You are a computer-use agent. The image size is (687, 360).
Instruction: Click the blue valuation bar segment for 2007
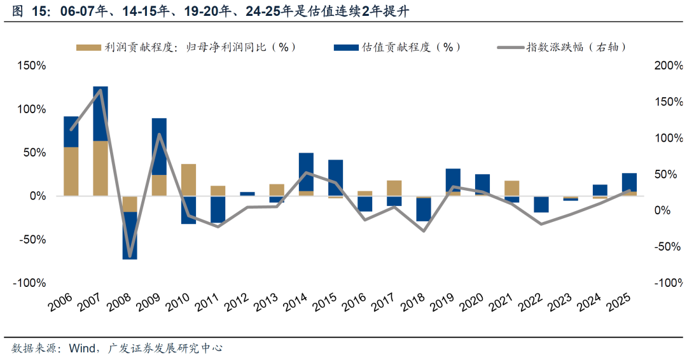click(101, 113)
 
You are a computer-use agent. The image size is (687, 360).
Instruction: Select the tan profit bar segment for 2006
click(71, 171)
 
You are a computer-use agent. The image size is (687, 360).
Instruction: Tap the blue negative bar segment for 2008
click(130, 235)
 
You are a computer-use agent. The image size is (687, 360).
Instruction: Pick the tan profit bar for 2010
click(188, 179)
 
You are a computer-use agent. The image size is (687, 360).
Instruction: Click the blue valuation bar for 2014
click(306, 172)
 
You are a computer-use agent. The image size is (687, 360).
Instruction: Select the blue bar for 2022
click(541, 204)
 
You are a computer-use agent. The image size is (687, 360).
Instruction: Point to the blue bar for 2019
click(453, 181)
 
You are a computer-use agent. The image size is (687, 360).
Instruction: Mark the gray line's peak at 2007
click(101, 90)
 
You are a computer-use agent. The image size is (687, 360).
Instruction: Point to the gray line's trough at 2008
click(130, 256)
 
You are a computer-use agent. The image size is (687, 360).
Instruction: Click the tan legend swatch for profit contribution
click(88, 47)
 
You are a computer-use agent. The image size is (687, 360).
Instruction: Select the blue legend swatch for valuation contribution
click(346, 47)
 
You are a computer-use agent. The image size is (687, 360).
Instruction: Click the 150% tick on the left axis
click(31, 66)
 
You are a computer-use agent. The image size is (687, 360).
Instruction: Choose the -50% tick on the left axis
click(31, 240)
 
